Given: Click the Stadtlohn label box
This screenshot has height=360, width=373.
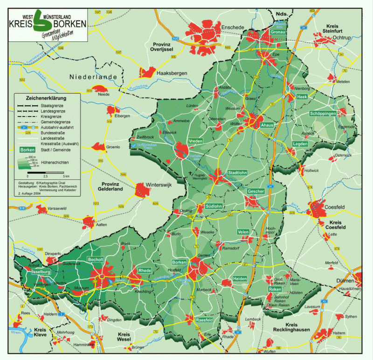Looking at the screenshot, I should [237, 173].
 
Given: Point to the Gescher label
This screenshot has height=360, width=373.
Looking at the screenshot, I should [256, 191].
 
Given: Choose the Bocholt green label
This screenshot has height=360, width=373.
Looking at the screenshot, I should [96, 259].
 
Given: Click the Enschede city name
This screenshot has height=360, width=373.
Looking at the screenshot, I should [232, 27].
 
